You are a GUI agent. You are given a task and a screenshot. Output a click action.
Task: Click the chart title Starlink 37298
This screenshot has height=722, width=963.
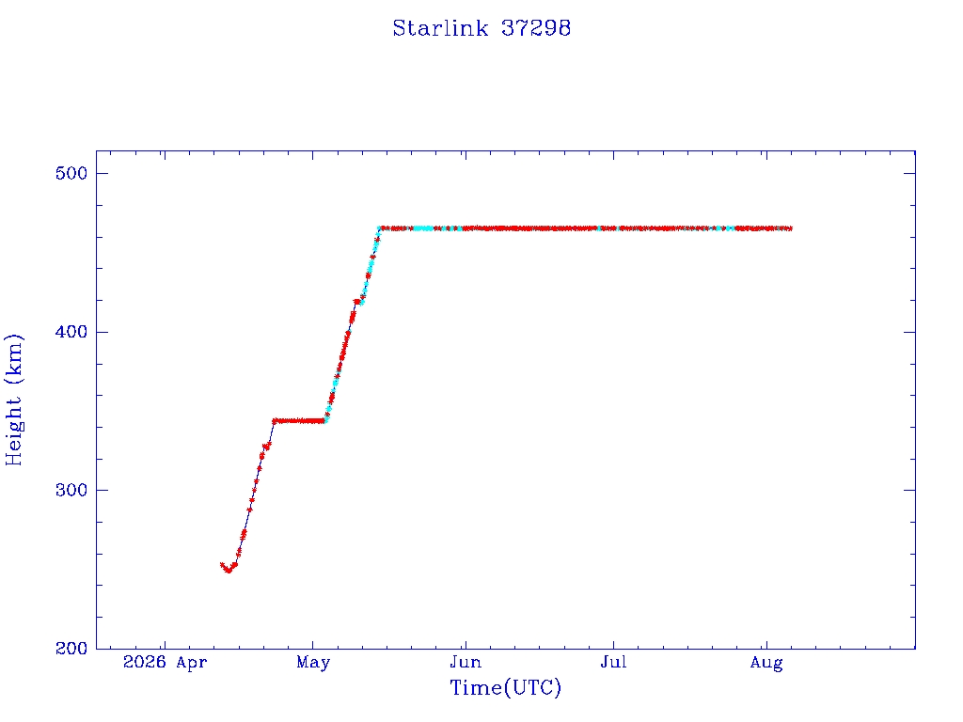click(x=481, y=28)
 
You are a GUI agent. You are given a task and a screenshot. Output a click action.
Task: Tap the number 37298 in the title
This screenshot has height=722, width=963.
click(x=535, y=28)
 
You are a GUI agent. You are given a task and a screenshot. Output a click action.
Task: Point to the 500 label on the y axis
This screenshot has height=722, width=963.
click(x=71, y=173)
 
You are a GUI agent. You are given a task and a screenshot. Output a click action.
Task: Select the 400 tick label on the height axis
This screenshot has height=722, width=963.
click(x=71, y=332)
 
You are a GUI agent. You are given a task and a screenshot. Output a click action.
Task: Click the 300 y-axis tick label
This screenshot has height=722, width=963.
click(x=71, y=490)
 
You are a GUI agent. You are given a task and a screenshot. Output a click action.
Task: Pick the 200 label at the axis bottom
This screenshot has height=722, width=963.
click(x=71, y=649)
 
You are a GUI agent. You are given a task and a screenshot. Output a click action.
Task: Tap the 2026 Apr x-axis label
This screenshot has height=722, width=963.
click(x=166, y=663)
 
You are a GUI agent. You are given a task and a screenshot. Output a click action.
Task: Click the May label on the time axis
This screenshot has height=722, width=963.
click(x=313, y=663)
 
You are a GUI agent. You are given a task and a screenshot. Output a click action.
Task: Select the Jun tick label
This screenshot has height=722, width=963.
click(x=466, y=663)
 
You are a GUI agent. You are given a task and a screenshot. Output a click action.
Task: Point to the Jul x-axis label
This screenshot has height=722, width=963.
click(x=613, y=663)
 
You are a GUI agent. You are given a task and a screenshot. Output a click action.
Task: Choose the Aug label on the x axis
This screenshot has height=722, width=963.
click(x=766, y=663)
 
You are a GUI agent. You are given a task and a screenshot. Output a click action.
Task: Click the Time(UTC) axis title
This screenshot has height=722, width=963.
click(x=505, y=687)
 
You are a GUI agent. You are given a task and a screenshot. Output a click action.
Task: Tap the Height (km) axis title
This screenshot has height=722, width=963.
click(x=13, y=400)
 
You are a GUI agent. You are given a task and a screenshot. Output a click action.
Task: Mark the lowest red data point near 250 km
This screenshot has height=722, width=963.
click(x=229, y=571)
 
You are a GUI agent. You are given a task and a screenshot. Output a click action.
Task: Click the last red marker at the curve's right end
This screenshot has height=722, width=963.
click(x=789, y=228)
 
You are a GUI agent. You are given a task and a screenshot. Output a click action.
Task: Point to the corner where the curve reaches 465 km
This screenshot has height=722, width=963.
click(x=380, y=228)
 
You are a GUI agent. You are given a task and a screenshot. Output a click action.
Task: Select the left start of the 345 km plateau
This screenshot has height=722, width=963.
click(x=274, y=420)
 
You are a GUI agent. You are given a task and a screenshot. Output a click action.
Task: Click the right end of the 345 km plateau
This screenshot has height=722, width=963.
click(x=324, y=420)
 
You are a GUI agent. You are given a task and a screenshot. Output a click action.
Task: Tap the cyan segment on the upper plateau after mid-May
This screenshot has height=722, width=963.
click(x=423, y=228)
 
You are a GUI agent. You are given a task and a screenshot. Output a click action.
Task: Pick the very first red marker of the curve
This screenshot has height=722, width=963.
click(x=222, y=565)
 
